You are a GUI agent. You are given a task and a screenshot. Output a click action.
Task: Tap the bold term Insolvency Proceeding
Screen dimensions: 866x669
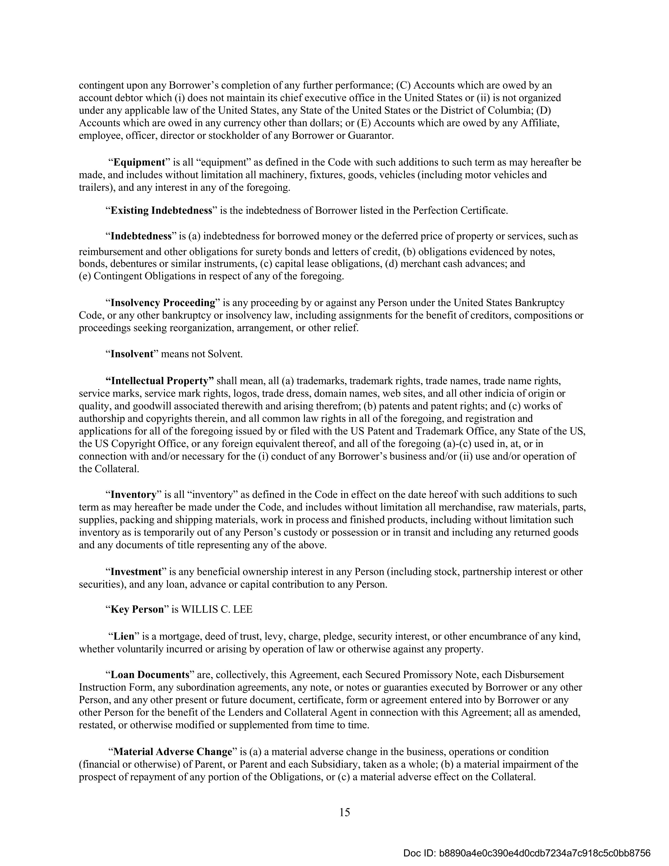click(163, 303)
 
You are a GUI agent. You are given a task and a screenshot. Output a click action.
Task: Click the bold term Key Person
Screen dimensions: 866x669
click(137, 609)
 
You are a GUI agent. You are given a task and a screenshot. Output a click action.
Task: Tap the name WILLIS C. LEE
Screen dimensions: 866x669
click(217, 609)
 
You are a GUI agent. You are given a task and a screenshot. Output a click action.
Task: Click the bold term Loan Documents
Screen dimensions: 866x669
click(149, 675)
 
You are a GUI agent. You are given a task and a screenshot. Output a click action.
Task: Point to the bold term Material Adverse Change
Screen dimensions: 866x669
click(172, 752)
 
